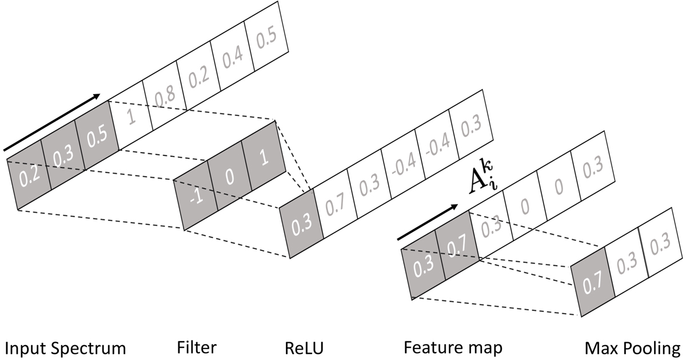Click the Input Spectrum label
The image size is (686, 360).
(65, 347)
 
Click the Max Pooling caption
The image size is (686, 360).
(632, 347)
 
